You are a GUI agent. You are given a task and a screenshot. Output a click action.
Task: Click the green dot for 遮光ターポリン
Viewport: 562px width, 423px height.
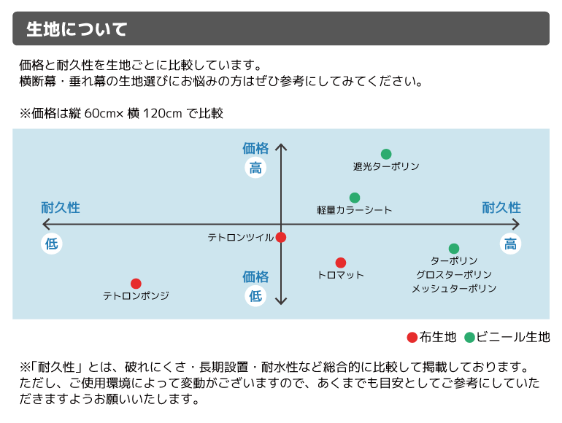(x=386, y=154)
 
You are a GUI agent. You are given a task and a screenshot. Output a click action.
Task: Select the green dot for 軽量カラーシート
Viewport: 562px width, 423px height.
(x=355, y=198)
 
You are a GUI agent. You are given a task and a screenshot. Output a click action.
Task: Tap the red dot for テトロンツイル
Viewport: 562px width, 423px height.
(x=281, y=237)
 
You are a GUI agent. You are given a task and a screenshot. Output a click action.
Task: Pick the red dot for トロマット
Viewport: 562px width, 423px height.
(x=341, y=263)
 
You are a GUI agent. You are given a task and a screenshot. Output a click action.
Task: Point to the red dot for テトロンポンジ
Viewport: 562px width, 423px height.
(x=136, y=284)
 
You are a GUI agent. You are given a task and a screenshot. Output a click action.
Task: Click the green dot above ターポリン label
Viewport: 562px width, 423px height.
(x=454, y=249)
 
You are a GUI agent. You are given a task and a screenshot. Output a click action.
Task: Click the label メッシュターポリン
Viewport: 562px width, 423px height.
(x=453, y=289)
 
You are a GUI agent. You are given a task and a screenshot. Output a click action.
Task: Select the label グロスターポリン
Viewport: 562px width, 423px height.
(x=453, y=275)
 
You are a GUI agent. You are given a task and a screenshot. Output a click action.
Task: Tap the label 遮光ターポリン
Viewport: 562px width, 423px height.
(x=386, y=167)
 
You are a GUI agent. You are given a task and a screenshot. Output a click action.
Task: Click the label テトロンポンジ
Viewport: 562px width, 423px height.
(x=136, y=296)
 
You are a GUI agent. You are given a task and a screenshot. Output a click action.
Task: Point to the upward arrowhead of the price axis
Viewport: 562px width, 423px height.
(x=282, y=147)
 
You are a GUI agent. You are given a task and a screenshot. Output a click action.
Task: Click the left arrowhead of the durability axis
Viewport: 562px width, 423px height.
(x=45, y=224)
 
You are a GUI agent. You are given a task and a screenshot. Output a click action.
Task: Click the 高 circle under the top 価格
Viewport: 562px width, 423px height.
(x=255, y=168)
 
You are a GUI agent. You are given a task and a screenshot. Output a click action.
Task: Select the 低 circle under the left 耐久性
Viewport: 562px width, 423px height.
(x=52, y=244)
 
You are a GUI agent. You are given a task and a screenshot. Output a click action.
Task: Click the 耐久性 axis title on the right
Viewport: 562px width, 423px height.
(x=501, y=208)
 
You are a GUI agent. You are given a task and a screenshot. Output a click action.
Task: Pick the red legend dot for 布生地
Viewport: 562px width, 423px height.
(x=412, y=337)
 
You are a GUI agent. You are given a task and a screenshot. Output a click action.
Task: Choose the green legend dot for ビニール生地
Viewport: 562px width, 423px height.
(x=469, y=337)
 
